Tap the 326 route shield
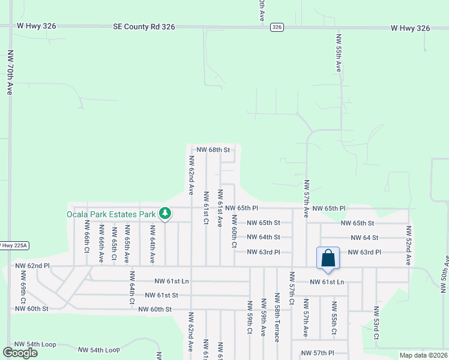click(x=277, y=27)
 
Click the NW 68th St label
click(x=213, y=149)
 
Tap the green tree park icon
click(x=164, y=213)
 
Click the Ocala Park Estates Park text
click(x=111, y=213)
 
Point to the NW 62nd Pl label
click(x=32, y=265)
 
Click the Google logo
click(x=20, y=352)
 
